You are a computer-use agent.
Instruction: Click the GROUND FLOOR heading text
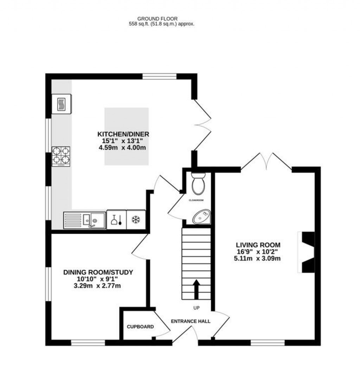click(157, 19)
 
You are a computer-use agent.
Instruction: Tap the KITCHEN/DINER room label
click(123, 134)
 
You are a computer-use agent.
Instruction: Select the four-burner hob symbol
click(61, 157)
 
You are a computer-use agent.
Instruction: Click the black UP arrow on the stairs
click(196, 288)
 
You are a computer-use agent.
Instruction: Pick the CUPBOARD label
click(140, 327)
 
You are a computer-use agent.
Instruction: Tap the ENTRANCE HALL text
click(191, 321)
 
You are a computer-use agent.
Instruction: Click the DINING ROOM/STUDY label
click(98, 272)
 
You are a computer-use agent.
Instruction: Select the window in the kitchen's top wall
click(159, 76)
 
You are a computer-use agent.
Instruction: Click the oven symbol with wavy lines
click(62, 104)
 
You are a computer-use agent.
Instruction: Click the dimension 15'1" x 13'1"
click(123, 141)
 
